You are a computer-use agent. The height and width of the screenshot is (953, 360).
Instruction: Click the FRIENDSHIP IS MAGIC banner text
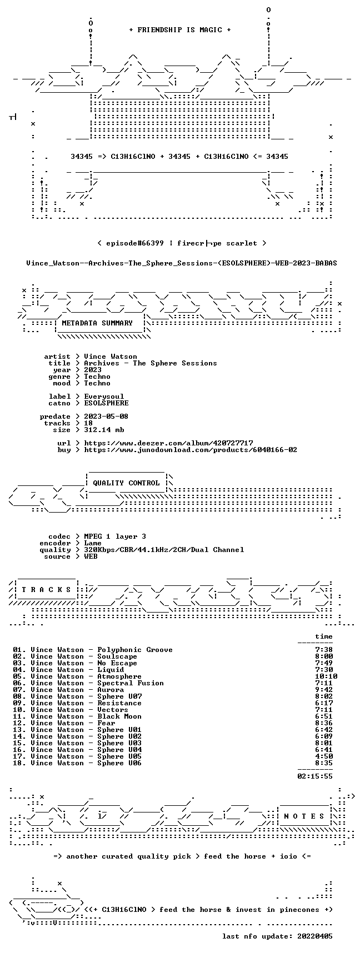tap(179, 30)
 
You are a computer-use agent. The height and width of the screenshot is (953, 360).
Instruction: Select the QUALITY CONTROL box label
tap(126, 483)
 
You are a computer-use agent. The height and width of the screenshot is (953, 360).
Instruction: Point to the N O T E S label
tap(304, 816)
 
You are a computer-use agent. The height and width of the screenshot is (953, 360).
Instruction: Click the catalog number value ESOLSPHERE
tap(106, 403)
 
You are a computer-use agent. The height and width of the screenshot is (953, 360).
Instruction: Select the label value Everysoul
tap(104, 397)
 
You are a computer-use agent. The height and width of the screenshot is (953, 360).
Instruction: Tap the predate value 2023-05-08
tap(106, 417)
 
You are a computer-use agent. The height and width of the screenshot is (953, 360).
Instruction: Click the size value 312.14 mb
tap(104, 430)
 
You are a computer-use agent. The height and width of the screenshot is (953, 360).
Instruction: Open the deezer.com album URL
tap(168, 443)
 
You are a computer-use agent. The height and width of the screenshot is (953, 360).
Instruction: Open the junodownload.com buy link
tap(191, 450)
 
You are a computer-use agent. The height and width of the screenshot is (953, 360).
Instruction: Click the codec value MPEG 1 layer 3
tap(115, 536)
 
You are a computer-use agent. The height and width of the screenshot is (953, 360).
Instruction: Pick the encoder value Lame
tap(93, 543)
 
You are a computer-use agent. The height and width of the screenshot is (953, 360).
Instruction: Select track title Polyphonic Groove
tap(135, 650)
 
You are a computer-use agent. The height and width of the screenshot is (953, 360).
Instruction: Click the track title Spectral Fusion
tap(131, 683)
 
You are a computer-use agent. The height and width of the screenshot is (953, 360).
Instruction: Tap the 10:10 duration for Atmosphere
tap(326, 676)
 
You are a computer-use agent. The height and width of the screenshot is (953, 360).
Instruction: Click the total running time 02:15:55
tap(315, 776)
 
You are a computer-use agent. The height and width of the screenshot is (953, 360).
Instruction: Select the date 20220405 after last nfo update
tap(315, 936)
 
